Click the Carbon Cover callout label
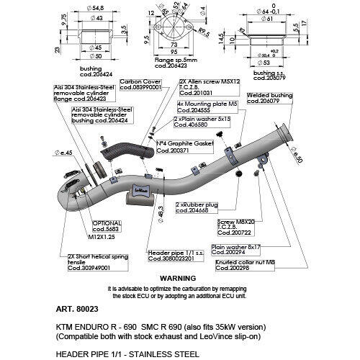(x=141, y=85)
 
